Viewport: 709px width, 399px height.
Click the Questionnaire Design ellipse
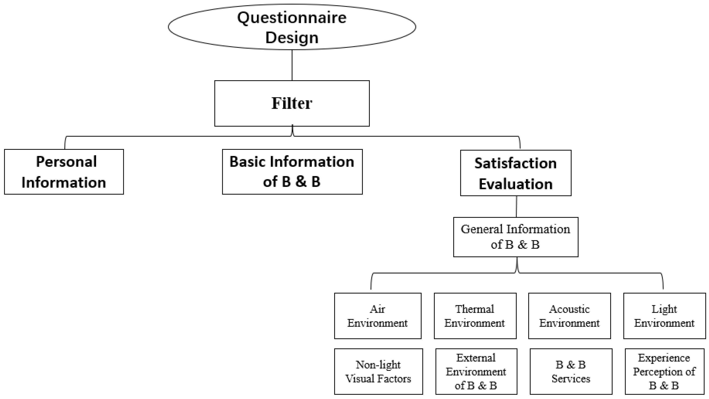(292, 27)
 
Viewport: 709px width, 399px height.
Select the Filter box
(292, 103)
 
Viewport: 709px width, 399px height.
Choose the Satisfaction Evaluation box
(515, 173)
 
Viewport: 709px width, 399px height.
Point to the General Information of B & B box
(515, 237)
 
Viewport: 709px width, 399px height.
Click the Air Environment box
(378, 316)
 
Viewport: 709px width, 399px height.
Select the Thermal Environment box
(475, 316)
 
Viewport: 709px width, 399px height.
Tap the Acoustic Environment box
(569, 316)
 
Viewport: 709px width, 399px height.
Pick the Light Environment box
(664, 316)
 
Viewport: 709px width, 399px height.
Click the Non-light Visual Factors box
(378, 372)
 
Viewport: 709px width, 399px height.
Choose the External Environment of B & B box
(476, 372)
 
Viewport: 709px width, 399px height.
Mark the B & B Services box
(571, 372)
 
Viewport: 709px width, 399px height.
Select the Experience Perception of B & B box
(664, 372)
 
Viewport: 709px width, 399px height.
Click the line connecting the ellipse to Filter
(292, 65)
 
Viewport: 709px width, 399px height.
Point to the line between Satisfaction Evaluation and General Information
(516, 206)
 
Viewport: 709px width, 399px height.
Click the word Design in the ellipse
(292, 38)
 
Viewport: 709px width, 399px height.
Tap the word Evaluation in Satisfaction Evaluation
(515, 184)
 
